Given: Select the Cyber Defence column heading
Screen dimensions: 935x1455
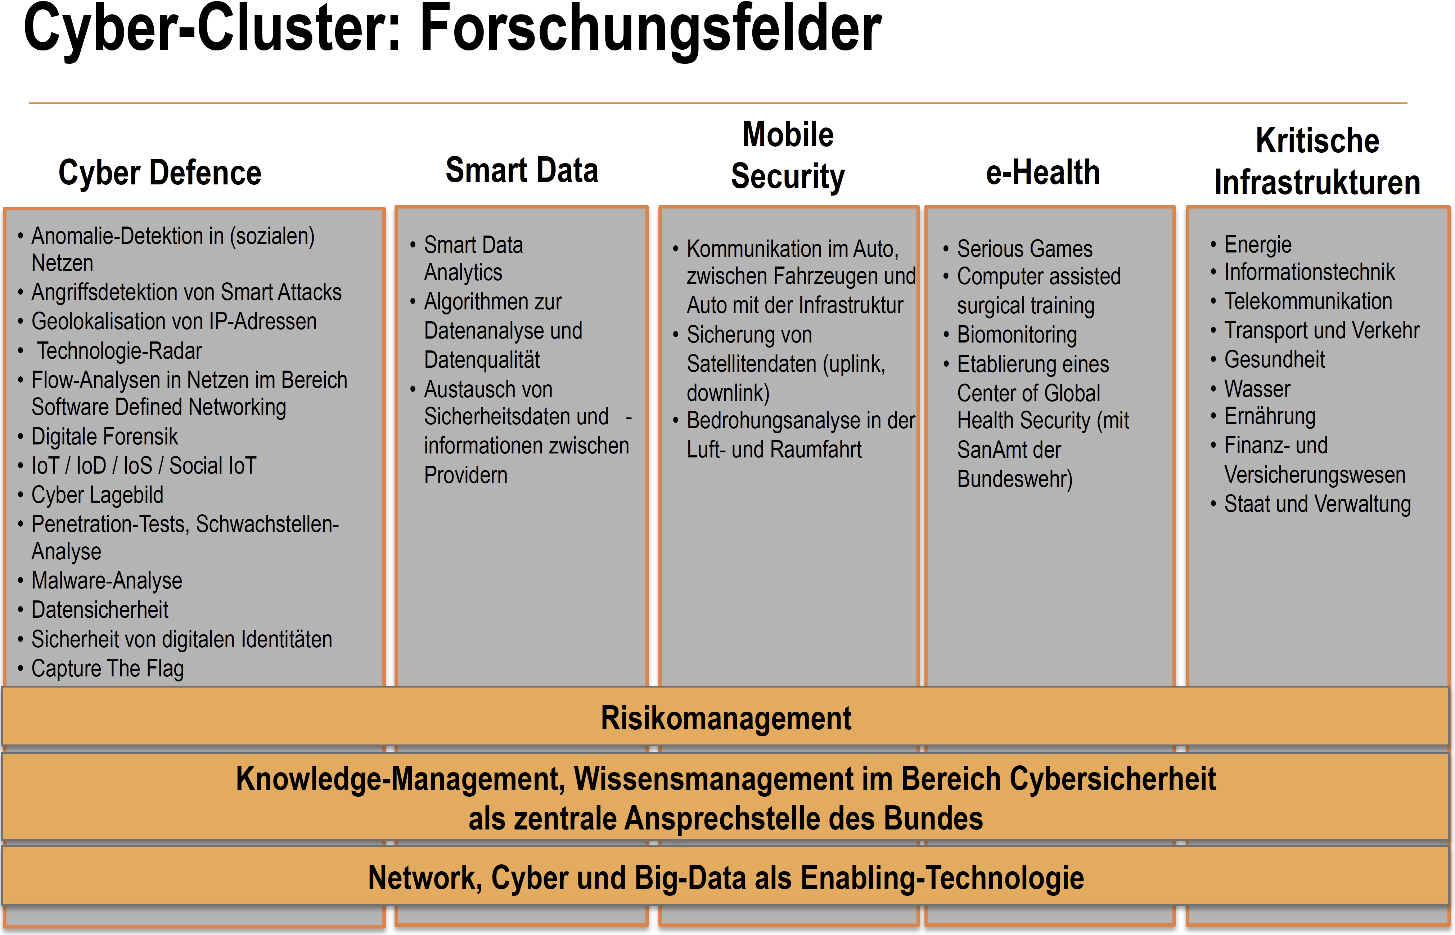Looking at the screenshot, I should [x=159, y=173].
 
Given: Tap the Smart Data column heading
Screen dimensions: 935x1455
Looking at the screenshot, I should [x=522, y=170].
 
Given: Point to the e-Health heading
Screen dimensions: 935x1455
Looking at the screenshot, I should [x=1042, y=173].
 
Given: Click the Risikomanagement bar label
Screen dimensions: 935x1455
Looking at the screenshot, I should [x=726, y=718].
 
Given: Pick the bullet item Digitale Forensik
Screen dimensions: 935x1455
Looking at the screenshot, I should [x=104, y=437].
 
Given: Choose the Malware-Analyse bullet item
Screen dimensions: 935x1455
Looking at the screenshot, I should [x=107, y=581].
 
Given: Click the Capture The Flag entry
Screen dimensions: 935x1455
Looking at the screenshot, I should [x=107, y=668].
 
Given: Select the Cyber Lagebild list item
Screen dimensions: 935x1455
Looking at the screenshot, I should [x=97, y=495].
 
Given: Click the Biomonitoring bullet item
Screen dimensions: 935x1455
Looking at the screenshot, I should [x=1017, y=335].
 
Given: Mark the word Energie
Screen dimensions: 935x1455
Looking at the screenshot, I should [x=1257, y=245].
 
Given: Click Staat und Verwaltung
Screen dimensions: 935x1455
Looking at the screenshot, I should [x=1317, y=504].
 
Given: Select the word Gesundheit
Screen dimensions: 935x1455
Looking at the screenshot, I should [x=1274, y=359].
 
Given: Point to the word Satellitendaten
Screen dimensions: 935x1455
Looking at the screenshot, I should [x=751, y=364].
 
